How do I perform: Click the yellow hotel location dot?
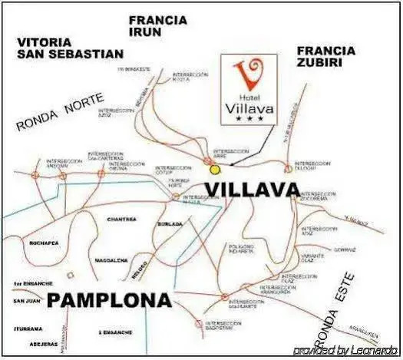[215, 169]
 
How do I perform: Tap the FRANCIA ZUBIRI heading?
[325, 58]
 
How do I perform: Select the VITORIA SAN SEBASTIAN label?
[70, 48]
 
